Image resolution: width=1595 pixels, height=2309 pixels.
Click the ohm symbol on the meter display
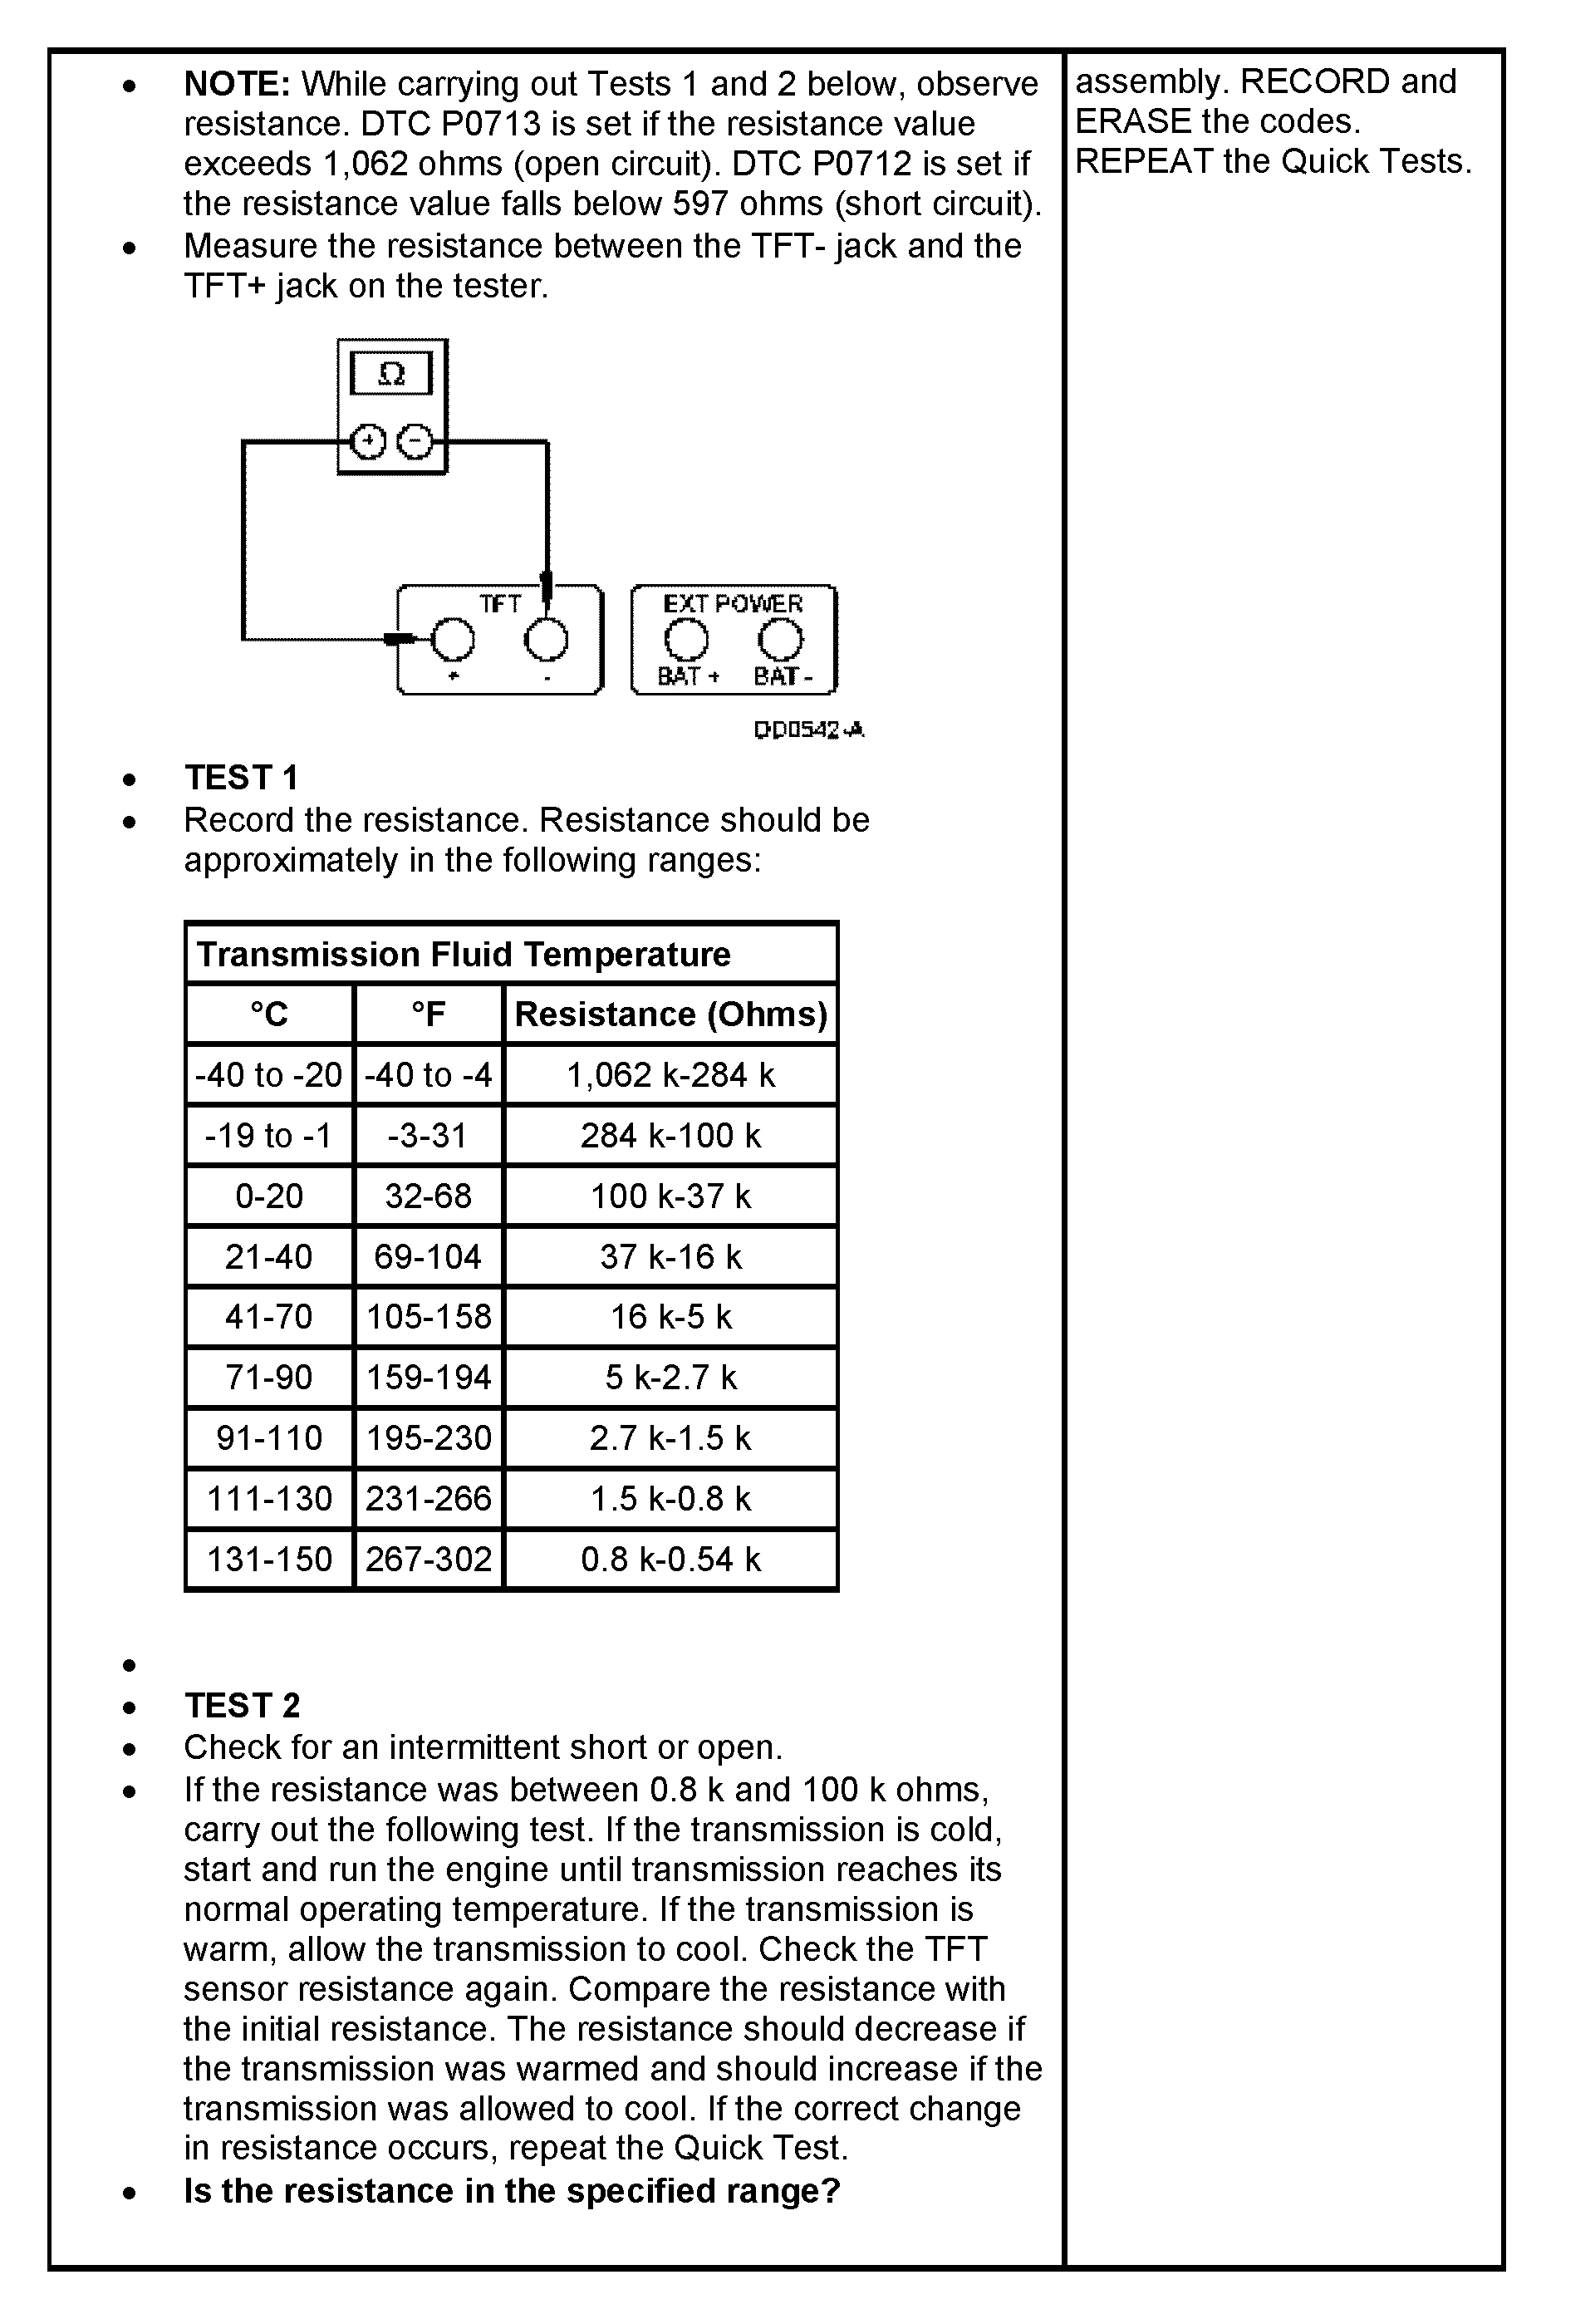coord(392,374)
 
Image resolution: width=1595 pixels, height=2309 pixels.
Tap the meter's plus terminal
coord(369,441)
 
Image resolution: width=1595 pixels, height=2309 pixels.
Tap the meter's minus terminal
coord(415,441)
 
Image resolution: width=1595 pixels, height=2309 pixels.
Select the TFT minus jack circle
coord(547,639)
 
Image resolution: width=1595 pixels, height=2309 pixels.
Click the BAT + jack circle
coord(686,639)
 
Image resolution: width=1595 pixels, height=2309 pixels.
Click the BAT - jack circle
coord(781,639)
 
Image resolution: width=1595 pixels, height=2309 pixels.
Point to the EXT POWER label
coord(733,604)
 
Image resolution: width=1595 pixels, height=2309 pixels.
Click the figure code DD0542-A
coord(808,730)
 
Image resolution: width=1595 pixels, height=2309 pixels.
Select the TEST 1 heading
coord(241,778)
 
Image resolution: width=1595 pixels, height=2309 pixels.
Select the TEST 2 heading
coord(242,1704)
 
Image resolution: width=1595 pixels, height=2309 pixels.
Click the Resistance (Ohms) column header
coord(670,1014)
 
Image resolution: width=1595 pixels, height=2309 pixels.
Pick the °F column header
coord(428,1014)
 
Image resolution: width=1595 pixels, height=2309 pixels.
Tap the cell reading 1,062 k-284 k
coord(670,1074)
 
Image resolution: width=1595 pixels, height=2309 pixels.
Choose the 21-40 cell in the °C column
coord(269,1256)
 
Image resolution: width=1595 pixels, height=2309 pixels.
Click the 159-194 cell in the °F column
coord(428,1378)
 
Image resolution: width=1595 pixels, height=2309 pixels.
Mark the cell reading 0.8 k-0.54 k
coord(670,1560)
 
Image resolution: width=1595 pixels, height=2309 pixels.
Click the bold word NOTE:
coord(237,84)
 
